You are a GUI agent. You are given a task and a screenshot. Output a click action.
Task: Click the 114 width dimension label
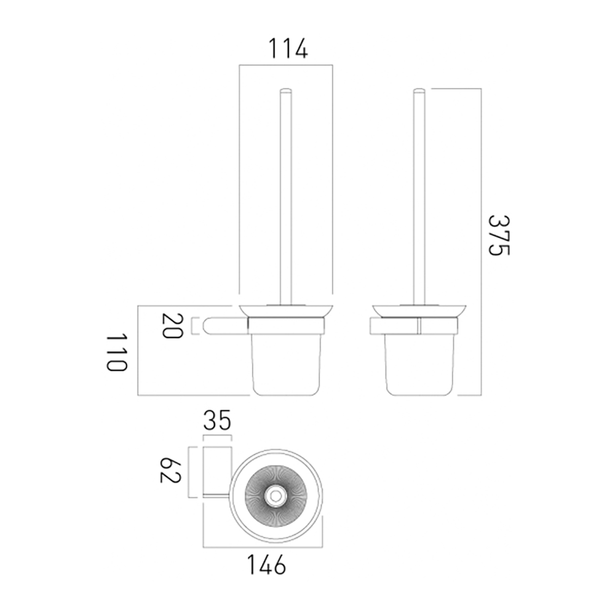pos(286,48)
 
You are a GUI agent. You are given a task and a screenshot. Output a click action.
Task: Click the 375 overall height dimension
pos(499,236)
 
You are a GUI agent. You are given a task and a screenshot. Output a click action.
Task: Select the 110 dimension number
pos(116,353)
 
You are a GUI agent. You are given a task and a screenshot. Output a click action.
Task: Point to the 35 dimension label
pos(216,421)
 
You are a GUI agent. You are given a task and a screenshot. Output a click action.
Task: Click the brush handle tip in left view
pos(285,92)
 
